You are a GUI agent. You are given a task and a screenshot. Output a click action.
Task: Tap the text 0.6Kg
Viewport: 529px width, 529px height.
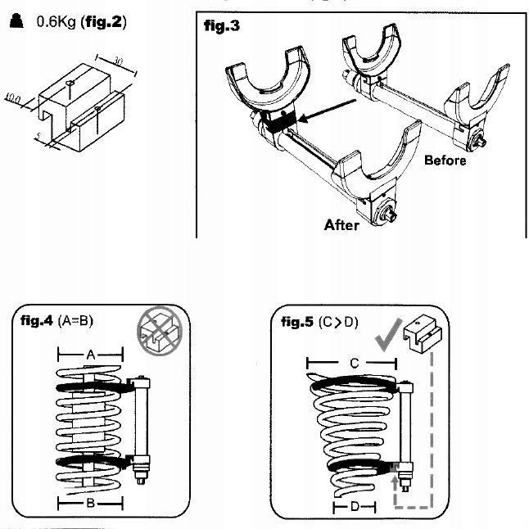pos(56,23)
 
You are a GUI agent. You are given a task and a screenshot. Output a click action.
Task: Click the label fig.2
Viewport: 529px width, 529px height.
pos(105,23)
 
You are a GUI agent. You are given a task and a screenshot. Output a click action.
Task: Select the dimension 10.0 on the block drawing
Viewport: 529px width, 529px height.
pos(12,98)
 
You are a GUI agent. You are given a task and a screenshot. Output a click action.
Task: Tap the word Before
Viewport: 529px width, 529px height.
pos(445,161)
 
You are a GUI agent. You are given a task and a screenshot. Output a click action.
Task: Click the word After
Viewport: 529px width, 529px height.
pos(341,224)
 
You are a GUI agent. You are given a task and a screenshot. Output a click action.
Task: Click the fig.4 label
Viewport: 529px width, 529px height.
pos(38,321)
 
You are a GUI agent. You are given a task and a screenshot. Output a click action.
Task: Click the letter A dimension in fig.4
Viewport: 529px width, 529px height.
pos(90,354)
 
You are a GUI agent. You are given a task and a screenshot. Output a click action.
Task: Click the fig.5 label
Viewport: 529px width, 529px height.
pos(297,321)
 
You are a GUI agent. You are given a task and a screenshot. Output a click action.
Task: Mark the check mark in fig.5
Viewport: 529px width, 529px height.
pos(386,333)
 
